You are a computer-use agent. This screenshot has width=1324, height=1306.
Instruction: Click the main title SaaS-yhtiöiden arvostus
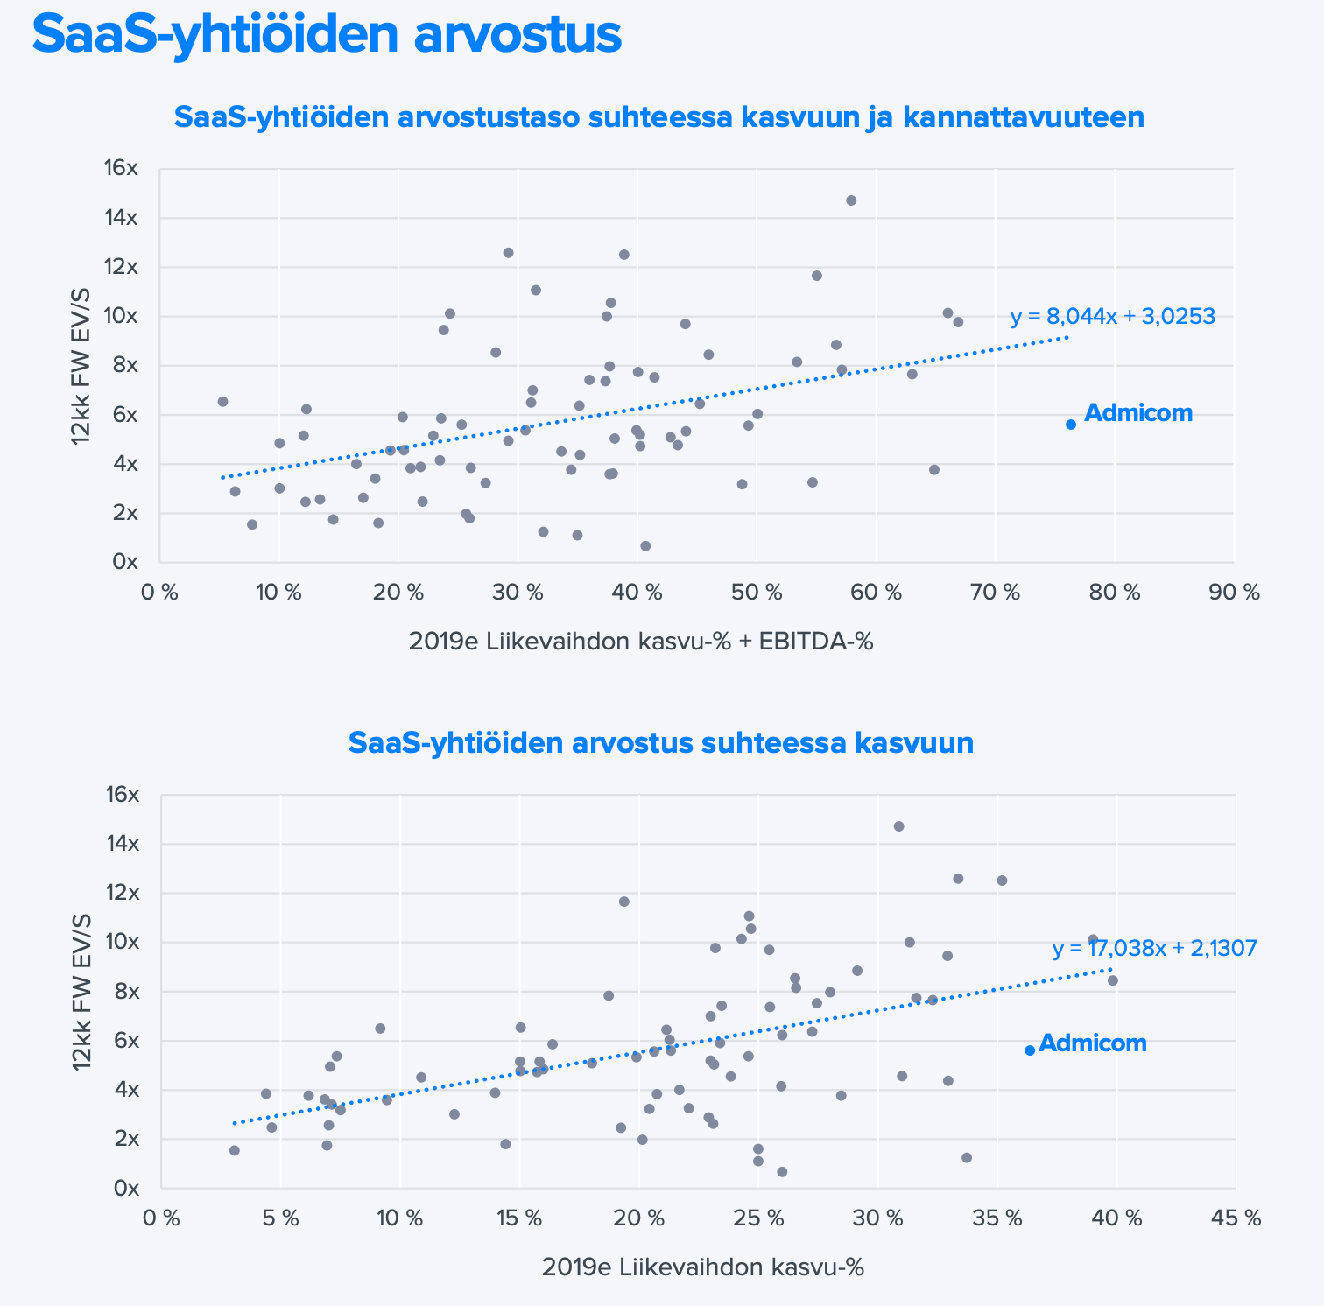(326, 35)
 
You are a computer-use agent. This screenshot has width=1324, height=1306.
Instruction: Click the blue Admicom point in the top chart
(1070, 425)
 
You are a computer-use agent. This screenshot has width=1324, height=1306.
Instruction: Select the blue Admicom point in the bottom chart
(1030, 1050)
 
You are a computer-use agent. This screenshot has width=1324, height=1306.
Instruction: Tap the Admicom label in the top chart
(1138, 413)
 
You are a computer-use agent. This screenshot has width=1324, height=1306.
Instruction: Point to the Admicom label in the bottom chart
(1093, 1043)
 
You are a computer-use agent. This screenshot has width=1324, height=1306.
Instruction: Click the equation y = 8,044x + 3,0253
(1112, 317)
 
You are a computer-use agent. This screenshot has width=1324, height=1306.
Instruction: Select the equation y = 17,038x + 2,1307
(1154, 948)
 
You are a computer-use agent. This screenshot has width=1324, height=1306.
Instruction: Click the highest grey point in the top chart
(851, 200)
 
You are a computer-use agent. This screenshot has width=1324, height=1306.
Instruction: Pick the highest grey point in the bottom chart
(898, 826)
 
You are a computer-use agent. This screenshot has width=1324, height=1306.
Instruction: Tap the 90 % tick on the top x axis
(1235, 593)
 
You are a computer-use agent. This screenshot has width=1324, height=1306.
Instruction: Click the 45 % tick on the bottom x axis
(1236, 1218)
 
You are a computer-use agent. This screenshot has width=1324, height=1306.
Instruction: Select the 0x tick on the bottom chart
(124, 1188)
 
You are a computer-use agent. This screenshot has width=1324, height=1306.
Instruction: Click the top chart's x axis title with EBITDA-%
(641, 642)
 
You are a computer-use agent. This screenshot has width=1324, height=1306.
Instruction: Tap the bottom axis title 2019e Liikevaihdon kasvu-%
(703, 1267)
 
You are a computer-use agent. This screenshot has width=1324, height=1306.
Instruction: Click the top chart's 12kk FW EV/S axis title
(81, 366)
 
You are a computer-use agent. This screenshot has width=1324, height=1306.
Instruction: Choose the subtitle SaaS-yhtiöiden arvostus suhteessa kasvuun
(660, 743)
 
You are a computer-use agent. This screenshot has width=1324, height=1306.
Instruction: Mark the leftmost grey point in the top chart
(222, 402)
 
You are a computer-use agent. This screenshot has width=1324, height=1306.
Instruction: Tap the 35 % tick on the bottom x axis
(997, 1218)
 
